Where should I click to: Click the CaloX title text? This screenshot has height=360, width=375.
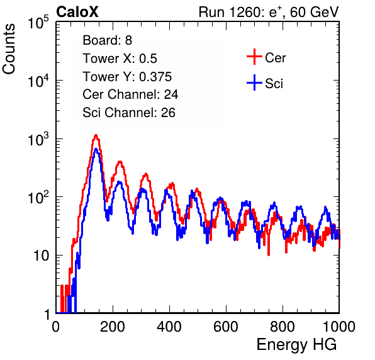click(77, 12)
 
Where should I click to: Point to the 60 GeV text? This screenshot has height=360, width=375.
click(314, 12)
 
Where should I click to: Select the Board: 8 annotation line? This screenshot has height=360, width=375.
click(107, 40)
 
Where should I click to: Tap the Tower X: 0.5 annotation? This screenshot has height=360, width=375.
click(120, 59)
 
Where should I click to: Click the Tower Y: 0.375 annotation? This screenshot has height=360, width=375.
click(127, 77)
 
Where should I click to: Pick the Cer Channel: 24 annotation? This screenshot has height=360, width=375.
click(130, 94)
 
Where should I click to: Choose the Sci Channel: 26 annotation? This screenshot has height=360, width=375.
click(129, 113)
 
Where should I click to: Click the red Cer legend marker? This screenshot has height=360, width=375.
click(254, 57)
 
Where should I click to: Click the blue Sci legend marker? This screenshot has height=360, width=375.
click(254, 83)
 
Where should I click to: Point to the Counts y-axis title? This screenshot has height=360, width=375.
click(9, 49)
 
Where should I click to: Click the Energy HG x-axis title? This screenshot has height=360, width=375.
click(297, 345)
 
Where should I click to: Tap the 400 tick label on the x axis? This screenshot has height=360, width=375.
click(169, 327)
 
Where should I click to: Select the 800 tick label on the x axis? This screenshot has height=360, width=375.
click(283, 327)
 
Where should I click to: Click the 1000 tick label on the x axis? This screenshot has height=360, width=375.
click(339, 327)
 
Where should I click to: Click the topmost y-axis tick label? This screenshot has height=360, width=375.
click(38, 23)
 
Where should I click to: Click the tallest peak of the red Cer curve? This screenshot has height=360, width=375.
click(96, 135)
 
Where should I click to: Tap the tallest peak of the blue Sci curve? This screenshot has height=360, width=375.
click(96, 150)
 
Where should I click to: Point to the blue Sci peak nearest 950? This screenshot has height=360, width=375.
click(325, 208)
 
